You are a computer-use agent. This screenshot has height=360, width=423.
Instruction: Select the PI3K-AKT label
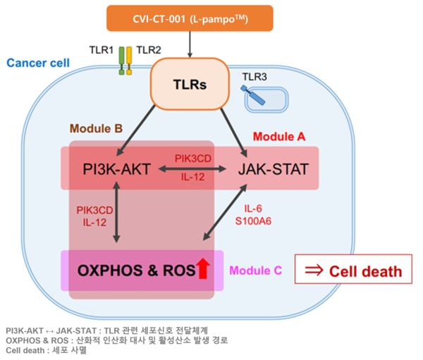tap(116, 169)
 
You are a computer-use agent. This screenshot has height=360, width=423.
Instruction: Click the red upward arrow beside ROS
tap(202, 269)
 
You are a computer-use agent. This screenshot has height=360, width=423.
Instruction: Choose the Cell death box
tap(352, 271)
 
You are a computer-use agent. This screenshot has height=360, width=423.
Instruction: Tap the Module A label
tap(278, 136)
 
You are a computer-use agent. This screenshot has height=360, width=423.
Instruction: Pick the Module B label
tap(96, 130)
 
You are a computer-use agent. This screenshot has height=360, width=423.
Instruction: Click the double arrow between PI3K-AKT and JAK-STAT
tap(190, 169)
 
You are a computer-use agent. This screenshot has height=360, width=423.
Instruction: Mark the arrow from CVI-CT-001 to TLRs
tap(190, 44)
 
